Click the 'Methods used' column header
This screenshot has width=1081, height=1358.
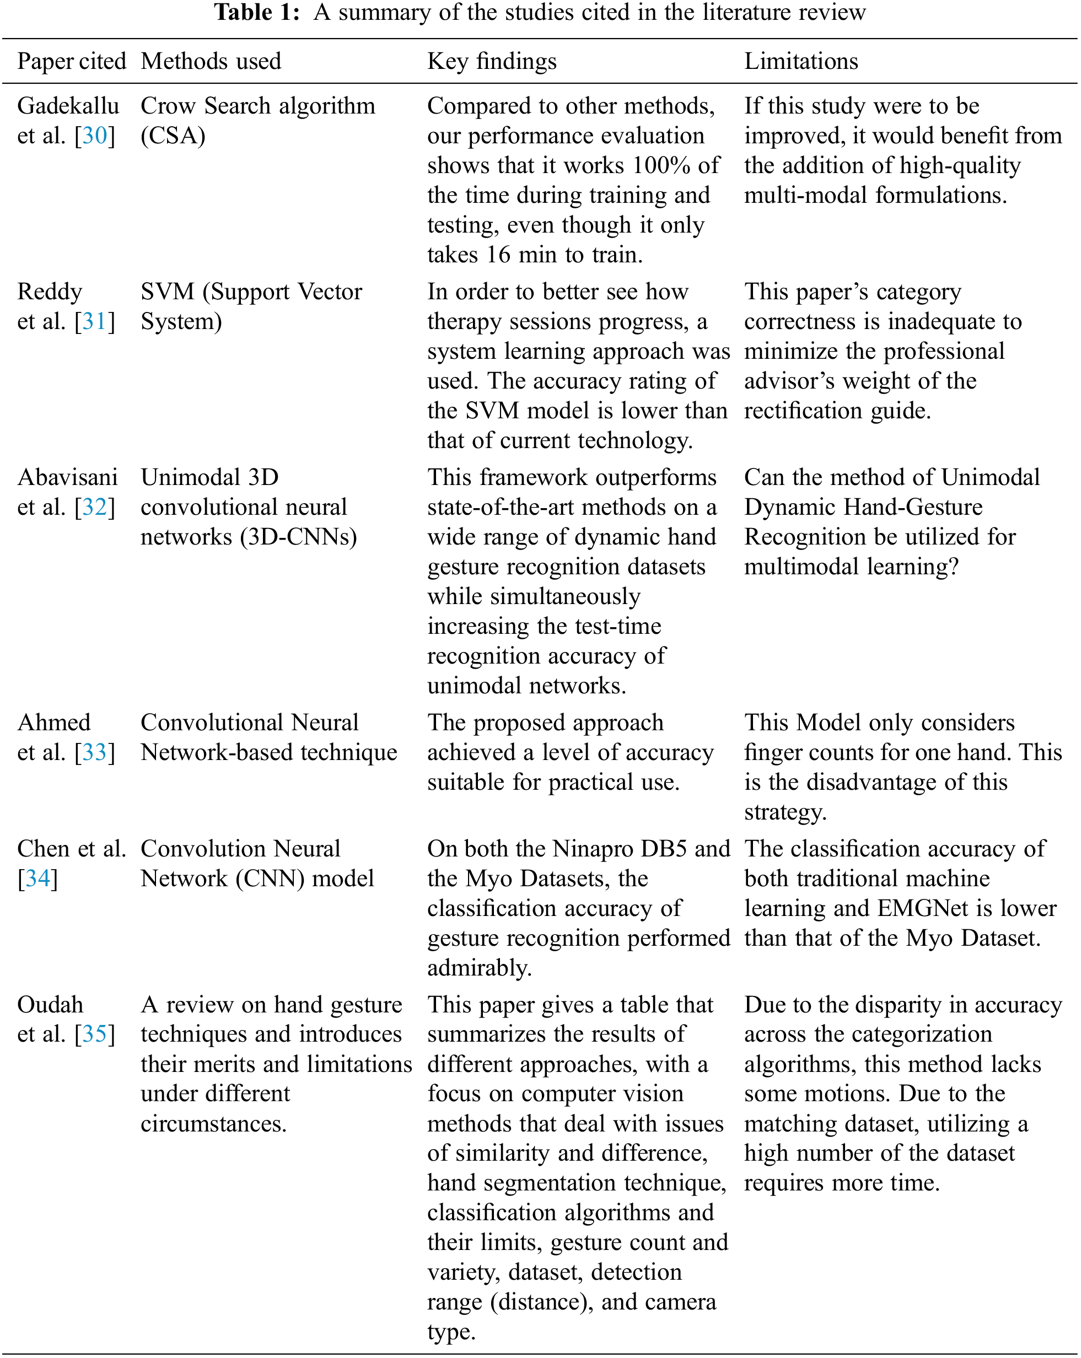pyautogui.click(x=211, y=61)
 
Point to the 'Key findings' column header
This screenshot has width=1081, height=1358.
pyautogui.click(x=492, y=61)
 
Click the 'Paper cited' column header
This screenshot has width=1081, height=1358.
pyautogui.click(x=71, y=61)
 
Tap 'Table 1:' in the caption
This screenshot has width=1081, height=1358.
pyautogui.click(x=257, y=13)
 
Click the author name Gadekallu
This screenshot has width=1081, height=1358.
pyautogui.click(x=68, y=106)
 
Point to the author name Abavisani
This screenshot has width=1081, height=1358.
pyautogui.click(x=67, y=477)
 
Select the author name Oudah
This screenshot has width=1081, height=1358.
pyautogui.click(x=50, y=1005)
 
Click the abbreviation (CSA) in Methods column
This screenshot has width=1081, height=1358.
pyautogui.click(x=173, y=136)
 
